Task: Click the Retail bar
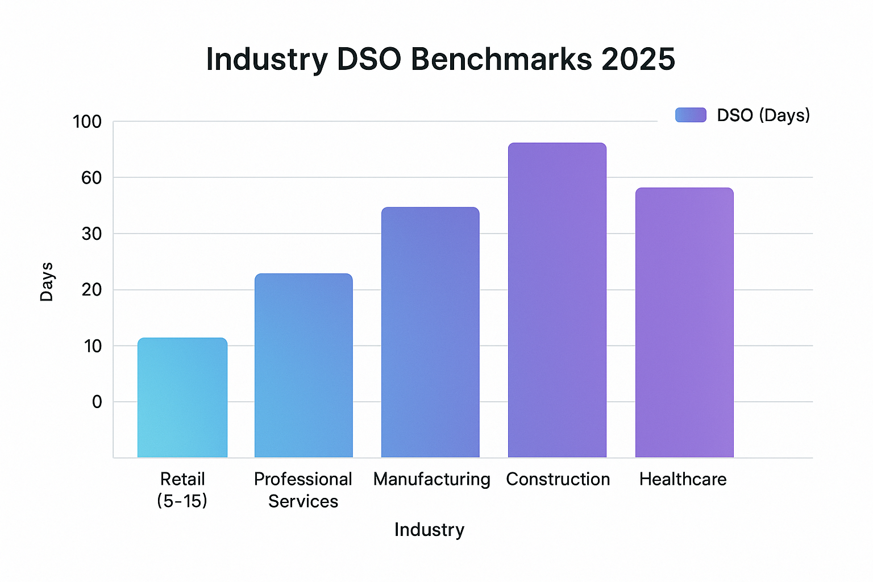point(182,398)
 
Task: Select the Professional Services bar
point(304,365)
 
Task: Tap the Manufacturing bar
point(430,332)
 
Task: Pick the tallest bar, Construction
point(557,300)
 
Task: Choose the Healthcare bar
point(684,322)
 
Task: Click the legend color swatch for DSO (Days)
point(691,115)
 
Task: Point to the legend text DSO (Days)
point(763,115)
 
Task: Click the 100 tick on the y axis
point(87,122)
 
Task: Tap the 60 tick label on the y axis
point(91,178)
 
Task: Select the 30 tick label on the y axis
point(91,234)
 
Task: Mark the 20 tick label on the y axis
point(91,290)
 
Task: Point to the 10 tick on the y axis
point(92,346)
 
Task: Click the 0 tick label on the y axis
point(97,402)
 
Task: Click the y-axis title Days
point(47,282)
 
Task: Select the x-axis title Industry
point(429,530)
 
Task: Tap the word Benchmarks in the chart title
point(501,59)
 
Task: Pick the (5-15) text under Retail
point(182,501)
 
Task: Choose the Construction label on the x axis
point(558,479)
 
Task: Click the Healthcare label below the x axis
point(683,479)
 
